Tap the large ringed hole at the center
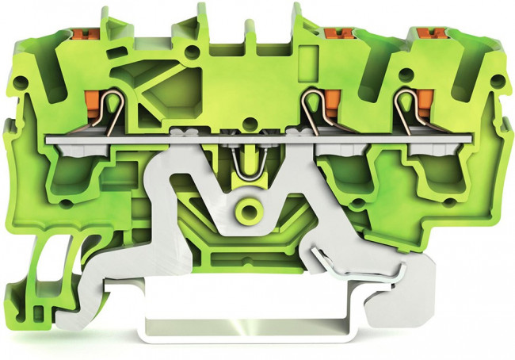[251, 211]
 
